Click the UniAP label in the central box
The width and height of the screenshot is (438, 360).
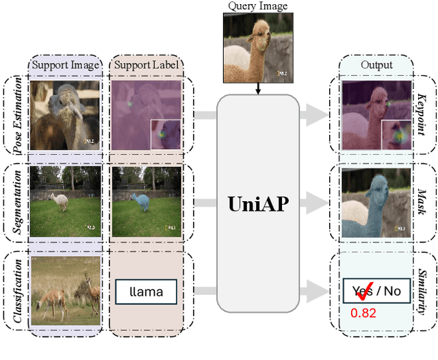point(257,203)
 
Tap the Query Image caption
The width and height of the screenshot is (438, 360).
point(257,6)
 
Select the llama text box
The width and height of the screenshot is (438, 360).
point(146,292)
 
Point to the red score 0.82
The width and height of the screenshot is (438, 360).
point(363,313)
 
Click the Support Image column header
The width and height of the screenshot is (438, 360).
point(65,66)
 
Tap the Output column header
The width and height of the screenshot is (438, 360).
point(376,66)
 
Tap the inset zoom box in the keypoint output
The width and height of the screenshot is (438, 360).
point(397,135)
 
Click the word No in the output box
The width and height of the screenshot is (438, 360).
point(391,292)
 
